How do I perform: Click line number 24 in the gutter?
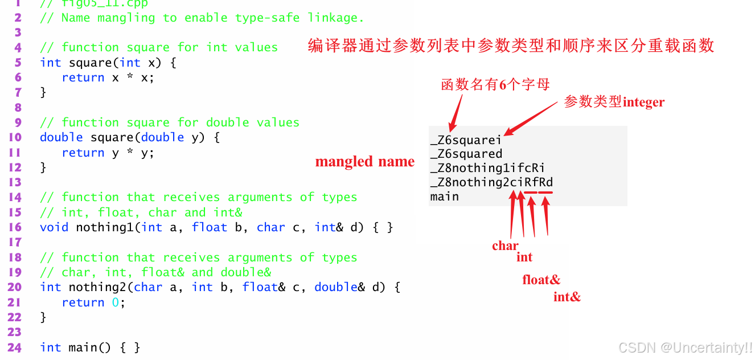tap(14, 347)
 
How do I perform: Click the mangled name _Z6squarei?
tap(466, 140)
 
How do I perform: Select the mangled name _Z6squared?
tap(466, 154)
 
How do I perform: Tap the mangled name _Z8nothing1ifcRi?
tap(487, 168)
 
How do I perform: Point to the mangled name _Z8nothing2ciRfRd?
tap(491, 182)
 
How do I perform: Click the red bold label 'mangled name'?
tap(364, 162)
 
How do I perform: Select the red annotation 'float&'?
tap(541, 280)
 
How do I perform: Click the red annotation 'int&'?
tap(567, 297)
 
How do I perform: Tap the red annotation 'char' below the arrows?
tap(505, 246)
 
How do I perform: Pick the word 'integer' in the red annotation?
tap(643, 103)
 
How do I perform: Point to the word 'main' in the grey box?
tap(444, 197)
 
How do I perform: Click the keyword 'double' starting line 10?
tap(61, 137)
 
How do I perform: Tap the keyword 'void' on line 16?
tap(54, 227)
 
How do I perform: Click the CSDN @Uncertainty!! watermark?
tap(685, 347)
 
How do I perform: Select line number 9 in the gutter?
tap(18, 122)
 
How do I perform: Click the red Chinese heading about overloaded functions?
tap(511, 46)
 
